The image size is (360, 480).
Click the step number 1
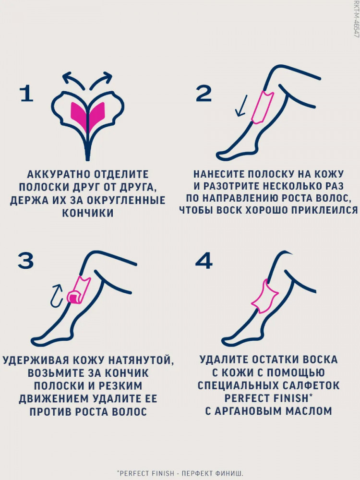click(26, 94)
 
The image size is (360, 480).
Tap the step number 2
click(204, 94)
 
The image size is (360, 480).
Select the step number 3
click(25, 261)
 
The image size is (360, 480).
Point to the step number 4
click(204, 261)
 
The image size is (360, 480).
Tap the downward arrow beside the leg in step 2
click(241, 106)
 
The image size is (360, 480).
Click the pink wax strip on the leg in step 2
click(263, 107)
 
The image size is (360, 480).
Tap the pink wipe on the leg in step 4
click(264, 296)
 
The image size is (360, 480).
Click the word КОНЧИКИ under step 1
click(88, 213)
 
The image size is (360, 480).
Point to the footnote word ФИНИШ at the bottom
click(229, 473)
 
